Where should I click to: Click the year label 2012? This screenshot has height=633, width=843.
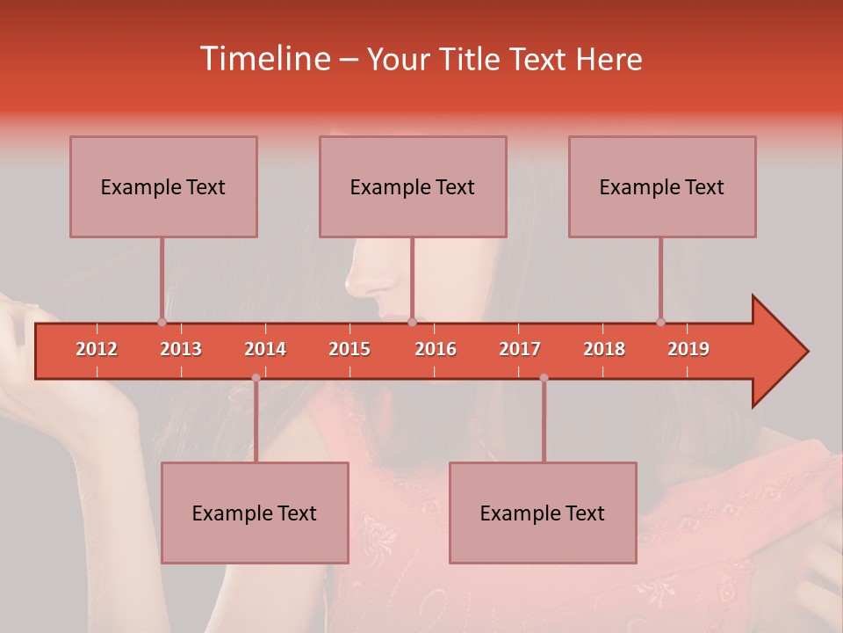tap(97, 349)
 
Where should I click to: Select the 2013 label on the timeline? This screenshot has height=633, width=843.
tap(181, 349)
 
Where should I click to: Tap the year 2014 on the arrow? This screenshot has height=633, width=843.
tap(265, 349)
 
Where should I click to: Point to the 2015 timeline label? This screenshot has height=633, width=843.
tap(349, 349)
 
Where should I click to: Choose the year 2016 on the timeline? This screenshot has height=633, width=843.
tap(436, 349)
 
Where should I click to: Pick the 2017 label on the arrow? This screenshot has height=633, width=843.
tap(520, 349)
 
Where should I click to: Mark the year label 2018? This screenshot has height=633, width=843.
tap(604, 349)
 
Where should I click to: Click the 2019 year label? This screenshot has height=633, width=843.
tap(688, 349)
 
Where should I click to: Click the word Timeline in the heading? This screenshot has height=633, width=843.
tap(264, 59)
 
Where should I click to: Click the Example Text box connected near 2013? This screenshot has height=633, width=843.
tap(163, 186)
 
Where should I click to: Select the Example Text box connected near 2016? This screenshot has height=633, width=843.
tap(413, 186)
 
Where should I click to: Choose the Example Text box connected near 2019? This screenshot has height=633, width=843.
tap(662, 186)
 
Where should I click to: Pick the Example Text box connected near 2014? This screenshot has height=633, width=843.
tap(255, 513)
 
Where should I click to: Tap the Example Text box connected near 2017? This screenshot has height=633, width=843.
tap(543, 513)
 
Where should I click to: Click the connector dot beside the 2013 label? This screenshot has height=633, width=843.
tap(162, 322)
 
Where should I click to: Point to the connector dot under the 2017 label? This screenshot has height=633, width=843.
tap(544, 378)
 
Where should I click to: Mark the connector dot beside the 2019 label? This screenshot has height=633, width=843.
tap(660, 322)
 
